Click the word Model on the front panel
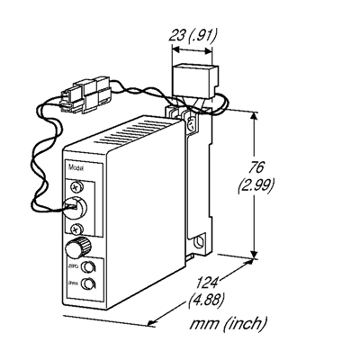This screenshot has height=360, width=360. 76,169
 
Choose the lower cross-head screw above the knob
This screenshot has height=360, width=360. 76,229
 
